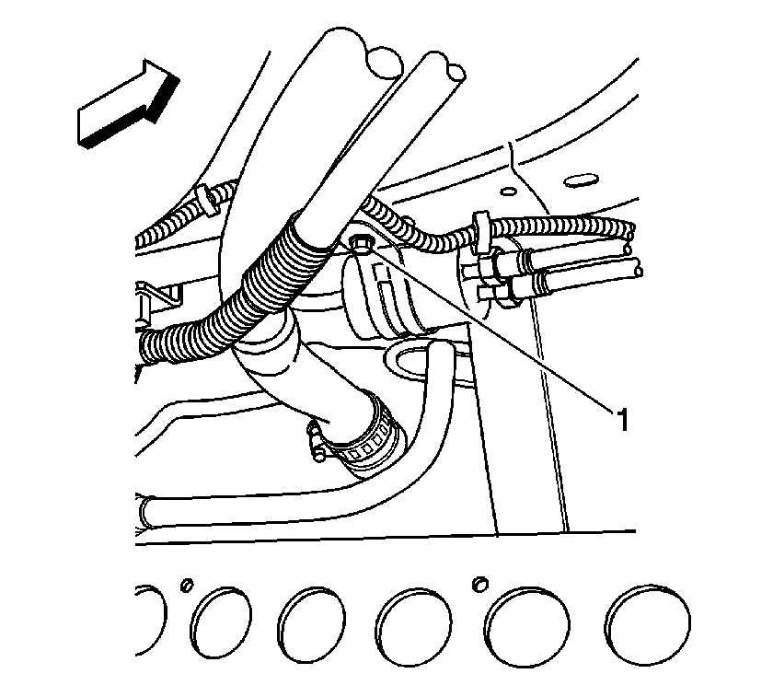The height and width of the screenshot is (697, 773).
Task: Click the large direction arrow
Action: (x=128, y=105)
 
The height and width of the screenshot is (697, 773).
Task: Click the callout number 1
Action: (x=623, y=420)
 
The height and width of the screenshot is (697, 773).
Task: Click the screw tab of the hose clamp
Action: (x=315, y=440)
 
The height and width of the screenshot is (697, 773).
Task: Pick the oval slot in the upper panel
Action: (x=581, y=181)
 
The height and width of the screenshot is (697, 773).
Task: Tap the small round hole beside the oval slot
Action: (x=508, y=191)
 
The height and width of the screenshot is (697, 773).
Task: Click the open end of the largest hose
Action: (x=384, y=63)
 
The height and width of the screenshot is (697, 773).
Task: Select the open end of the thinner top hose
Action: (x=456, y=74)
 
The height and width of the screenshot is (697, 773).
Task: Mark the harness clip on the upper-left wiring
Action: (x=205, y=199)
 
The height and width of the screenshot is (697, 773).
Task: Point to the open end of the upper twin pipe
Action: (x=628, y=246)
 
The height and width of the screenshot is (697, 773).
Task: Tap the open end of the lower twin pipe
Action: (x=638, y=271)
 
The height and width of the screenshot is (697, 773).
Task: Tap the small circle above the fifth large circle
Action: (x=479, y=584)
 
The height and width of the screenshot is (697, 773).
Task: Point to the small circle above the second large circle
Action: (x=187, y=585)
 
